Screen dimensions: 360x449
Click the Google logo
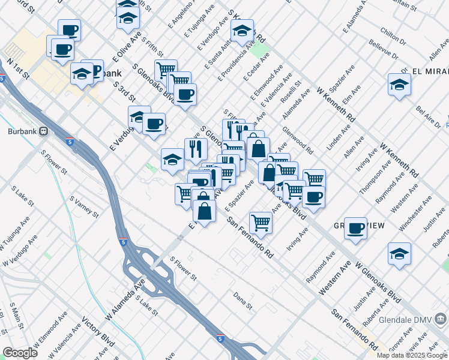20,353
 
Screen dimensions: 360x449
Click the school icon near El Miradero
399,85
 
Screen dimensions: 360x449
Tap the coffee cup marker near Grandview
355,229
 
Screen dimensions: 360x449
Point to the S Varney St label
84,206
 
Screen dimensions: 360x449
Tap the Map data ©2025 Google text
412,355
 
